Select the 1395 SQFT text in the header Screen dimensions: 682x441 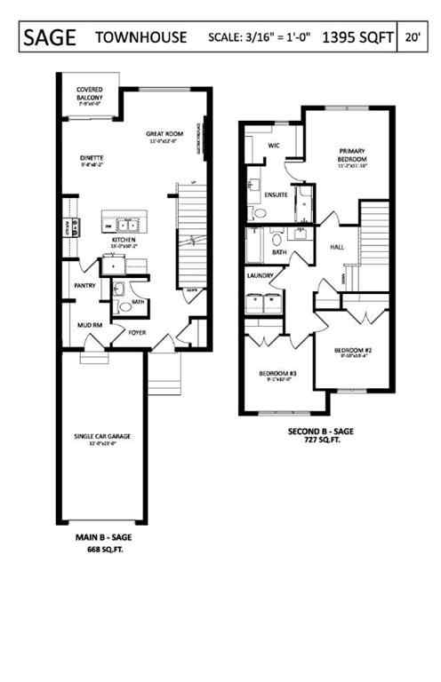(358, 37)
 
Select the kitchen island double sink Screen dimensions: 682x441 (127, 224)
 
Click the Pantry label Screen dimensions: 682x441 (85, 286)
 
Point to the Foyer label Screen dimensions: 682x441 (137, 334)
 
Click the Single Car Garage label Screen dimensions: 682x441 (103, 437)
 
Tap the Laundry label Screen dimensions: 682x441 (261, 276)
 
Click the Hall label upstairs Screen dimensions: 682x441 (337, 247)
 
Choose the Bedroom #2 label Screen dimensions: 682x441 (351, 351)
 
